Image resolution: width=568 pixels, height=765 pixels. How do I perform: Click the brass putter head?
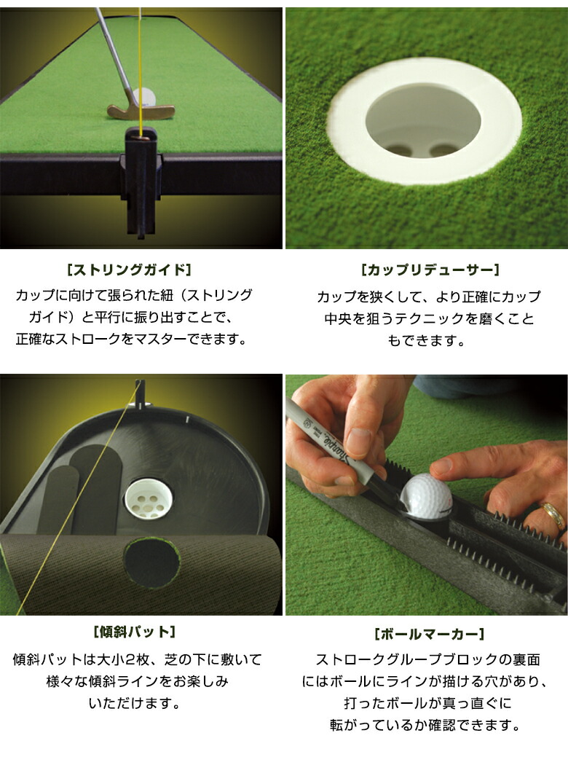141,111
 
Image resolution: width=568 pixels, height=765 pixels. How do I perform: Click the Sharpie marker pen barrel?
328,437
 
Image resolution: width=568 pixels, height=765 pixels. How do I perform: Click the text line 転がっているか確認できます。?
427,725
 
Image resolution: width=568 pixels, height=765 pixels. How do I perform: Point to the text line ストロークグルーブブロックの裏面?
427,660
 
